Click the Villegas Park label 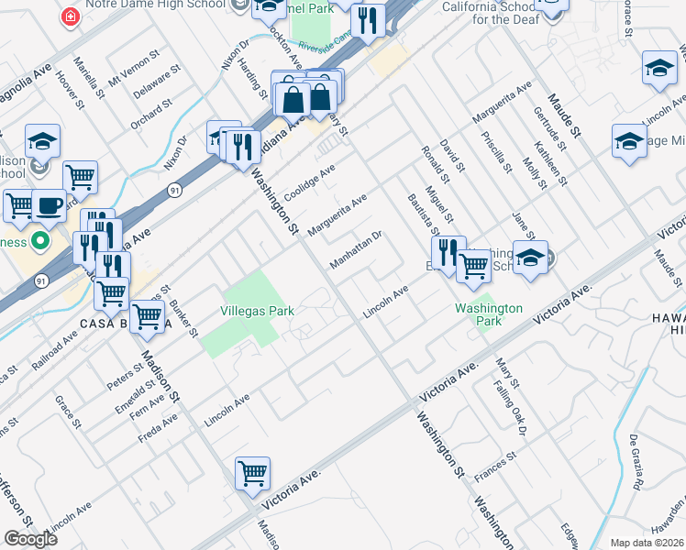click(258, 311)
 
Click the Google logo click(30, 539)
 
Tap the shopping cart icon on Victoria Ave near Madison click(252, 474)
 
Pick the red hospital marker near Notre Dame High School click(69, 16)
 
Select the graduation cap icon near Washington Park click(530, 258)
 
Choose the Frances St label click(496, 466)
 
